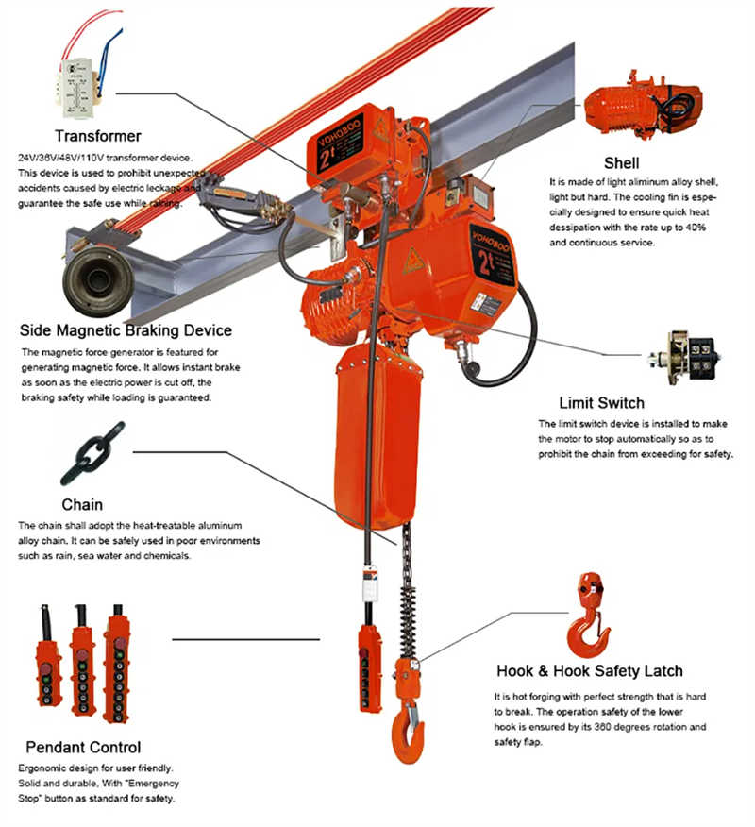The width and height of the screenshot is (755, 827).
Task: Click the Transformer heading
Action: (x=98, y=136)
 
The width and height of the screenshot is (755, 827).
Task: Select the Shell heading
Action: (x=622, y=162)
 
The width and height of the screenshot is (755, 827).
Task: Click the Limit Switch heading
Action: (x=601, y=402)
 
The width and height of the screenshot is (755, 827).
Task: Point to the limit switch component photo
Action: (x=685, y=358)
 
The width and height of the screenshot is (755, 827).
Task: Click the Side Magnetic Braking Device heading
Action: (x=126, y=330)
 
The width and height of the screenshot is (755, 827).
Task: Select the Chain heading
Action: (x=82, y=504)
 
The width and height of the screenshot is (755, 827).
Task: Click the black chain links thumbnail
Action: (x=92, y=454)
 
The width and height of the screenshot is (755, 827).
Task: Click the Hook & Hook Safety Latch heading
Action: (x=590, y=671)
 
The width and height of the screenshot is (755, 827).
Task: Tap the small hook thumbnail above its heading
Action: (x=587, y=615)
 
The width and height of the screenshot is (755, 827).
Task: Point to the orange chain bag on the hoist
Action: (x=370, y=434)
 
